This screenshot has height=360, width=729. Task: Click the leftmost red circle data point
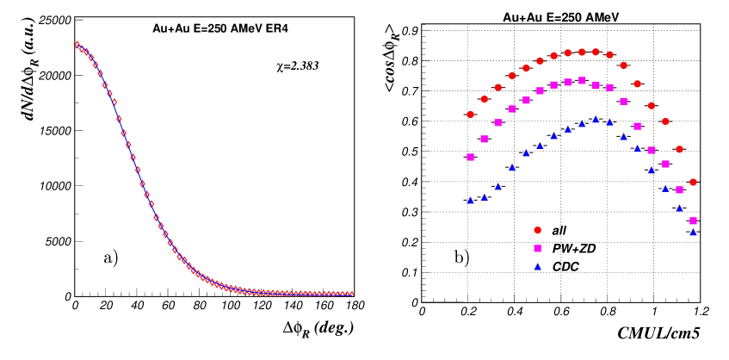click(470, 115)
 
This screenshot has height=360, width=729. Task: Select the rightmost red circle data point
click(693, 183)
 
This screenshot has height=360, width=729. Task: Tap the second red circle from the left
click(484, 99)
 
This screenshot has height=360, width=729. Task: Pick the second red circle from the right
click(679, 149)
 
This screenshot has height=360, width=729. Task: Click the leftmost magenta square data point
click(470, 157)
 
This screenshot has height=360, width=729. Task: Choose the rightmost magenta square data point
click(693, 220)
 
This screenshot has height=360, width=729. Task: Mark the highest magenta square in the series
click(582, 80)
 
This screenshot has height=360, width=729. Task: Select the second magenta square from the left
click(484, 139)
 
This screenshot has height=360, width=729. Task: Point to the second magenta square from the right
click(679, 189)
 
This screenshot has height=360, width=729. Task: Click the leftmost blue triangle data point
click(470, 201)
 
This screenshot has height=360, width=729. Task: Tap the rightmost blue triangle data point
click(693, 232)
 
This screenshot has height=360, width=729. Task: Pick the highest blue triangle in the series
click(596, 120)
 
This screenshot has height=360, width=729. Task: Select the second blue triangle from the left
click(484, 197)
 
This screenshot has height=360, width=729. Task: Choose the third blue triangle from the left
click(497, 186)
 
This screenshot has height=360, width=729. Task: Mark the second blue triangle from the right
click(679, 208)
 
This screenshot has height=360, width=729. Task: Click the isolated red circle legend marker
click(537, 230)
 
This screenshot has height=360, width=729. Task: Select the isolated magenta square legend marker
click(537, 248)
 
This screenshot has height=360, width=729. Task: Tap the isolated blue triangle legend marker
click(537, 266)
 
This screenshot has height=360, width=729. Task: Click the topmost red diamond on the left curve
click(77, 44)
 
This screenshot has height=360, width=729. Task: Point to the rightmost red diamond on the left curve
click(351, 294)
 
